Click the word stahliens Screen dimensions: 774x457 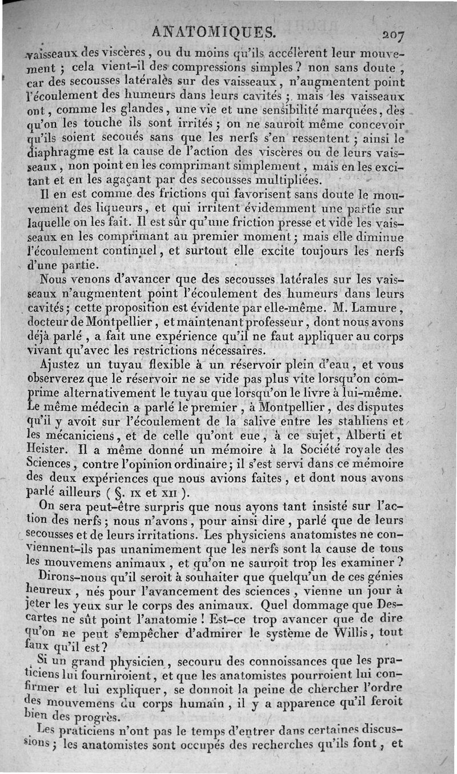tap(367, 421)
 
